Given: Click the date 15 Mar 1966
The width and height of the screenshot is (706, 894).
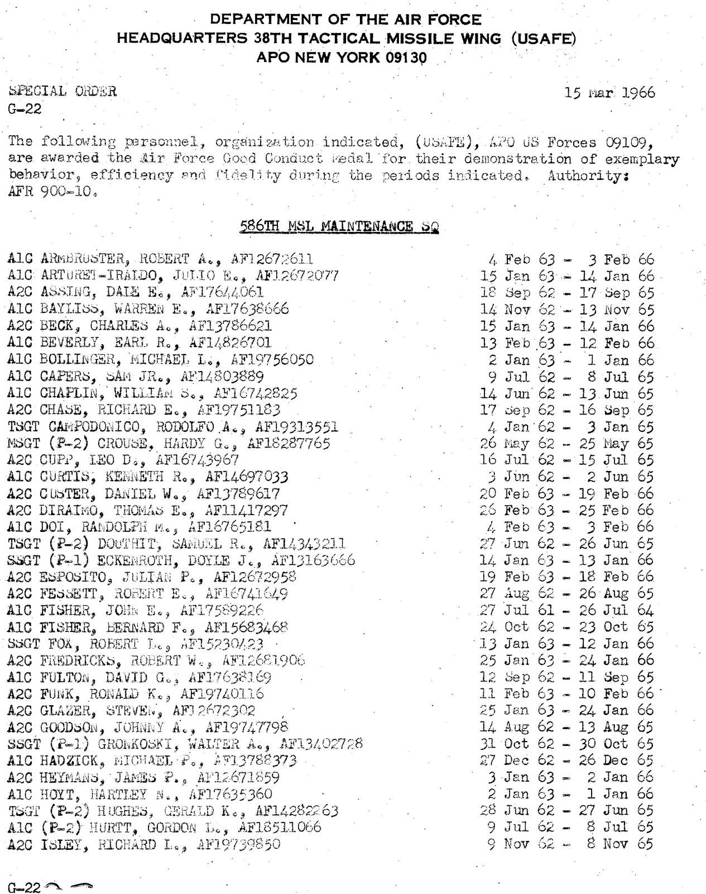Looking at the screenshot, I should click(609, 92).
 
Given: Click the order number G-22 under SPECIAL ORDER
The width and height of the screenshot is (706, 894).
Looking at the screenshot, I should click(25, 108).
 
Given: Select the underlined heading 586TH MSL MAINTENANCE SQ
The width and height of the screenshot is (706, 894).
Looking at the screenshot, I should click(339, 226).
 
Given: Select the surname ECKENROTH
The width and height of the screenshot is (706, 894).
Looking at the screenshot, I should click(140, 560).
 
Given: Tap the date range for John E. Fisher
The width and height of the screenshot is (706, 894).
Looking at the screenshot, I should click(566, 610).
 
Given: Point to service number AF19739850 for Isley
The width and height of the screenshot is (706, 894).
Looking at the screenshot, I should click(238, 844).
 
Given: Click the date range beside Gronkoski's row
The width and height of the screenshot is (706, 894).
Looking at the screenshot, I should click(566, 744).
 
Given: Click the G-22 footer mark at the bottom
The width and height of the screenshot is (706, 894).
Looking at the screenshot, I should click(25, 887).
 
